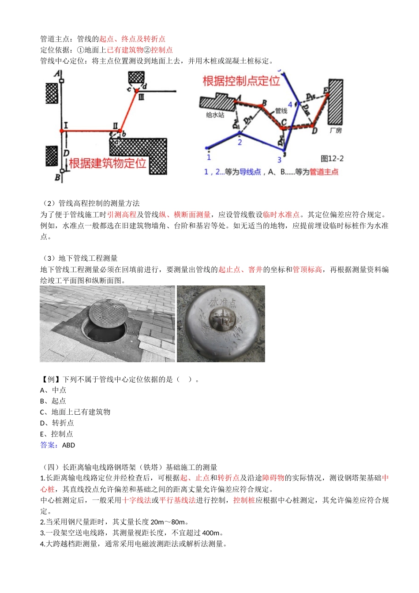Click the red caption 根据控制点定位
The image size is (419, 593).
click(241, 81)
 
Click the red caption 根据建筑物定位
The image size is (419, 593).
click(107, 163)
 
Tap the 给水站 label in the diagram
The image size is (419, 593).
click(215, 115)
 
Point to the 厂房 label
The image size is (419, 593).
click(336, 131)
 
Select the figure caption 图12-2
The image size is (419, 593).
click(332, 159)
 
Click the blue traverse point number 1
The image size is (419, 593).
click(209, 157)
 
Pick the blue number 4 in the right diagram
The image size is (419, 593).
click(290, 105)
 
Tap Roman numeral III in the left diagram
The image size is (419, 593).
click(141, 97)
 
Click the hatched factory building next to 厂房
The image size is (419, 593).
click(335, 102)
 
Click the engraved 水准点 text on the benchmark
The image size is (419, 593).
click(223, 302)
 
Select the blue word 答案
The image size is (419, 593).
click(49, 445)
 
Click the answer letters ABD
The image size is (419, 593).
click(69, 445)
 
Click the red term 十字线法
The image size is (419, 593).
click(137, 500)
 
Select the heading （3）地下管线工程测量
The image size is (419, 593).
click(79, 259)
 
